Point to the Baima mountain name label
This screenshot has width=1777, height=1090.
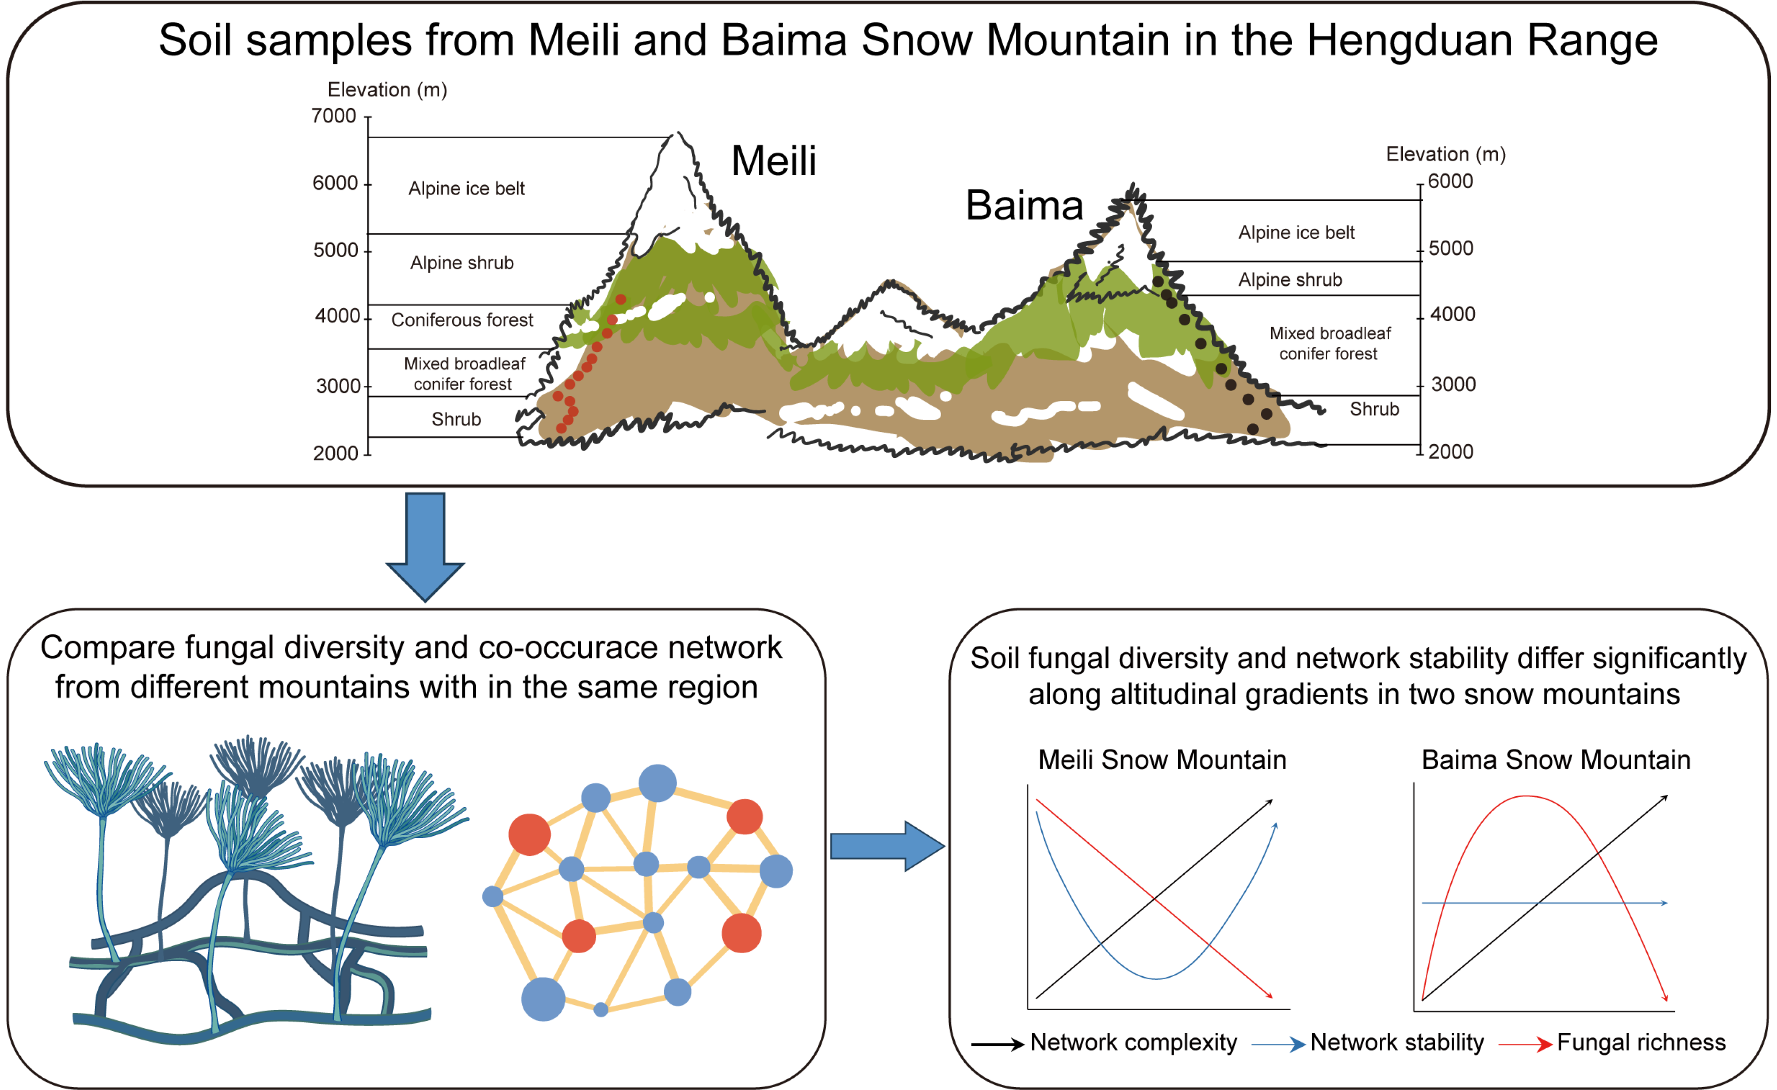pos(1024,205)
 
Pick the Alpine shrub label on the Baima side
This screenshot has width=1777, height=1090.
pos(1290,279)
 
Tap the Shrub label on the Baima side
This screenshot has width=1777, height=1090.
pos(1374,409)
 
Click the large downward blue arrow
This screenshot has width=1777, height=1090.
pos(425,547)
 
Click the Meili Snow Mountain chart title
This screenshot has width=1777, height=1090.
pos(1162,760)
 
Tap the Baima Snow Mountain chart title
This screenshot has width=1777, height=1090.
pos(1556,760)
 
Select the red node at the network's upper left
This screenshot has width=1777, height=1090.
pos(529,834)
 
